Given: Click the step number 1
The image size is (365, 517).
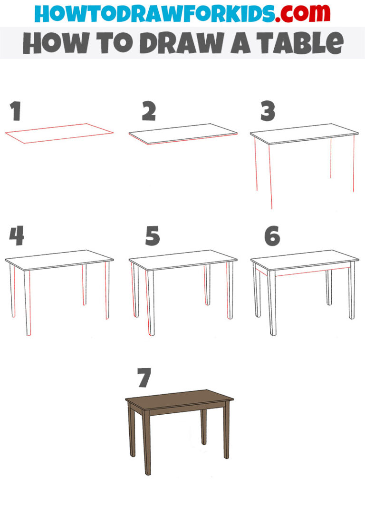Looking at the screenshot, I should coord(16,112).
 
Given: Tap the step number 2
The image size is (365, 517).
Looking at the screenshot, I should coord(149,112).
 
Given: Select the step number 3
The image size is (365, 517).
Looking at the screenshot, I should coord(268,112).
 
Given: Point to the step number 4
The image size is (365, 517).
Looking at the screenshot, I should coord(16,236).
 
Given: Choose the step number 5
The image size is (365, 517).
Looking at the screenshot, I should coord(152,236).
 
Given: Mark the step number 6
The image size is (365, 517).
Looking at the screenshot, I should coord(272,236).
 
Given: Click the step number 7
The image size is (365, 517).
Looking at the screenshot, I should coord(144,378).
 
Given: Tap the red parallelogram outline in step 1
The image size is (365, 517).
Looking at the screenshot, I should coord(59,133).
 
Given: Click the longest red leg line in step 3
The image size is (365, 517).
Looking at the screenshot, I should coord(270,176).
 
